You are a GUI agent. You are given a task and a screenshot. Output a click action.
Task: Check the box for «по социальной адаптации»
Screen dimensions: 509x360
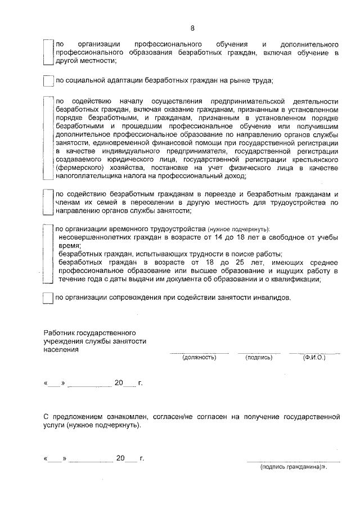(x=48, y=80)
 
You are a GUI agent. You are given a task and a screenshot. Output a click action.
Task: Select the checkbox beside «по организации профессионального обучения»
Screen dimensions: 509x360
(x=48, y=52)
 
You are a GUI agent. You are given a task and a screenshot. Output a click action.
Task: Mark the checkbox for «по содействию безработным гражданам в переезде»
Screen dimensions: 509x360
(x=48, y=202)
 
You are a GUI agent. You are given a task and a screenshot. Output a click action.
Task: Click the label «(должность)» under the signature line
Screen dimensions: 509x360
(x=199, y=357)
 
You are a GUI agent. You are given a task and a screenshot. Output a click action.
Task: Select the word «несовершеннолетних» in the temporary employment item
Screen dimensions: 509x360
(x=93, y=238)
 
